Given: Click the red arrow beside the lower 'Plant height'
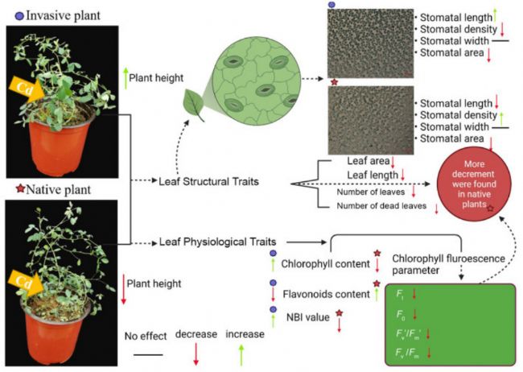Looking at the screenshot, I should tap(126, 284).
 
